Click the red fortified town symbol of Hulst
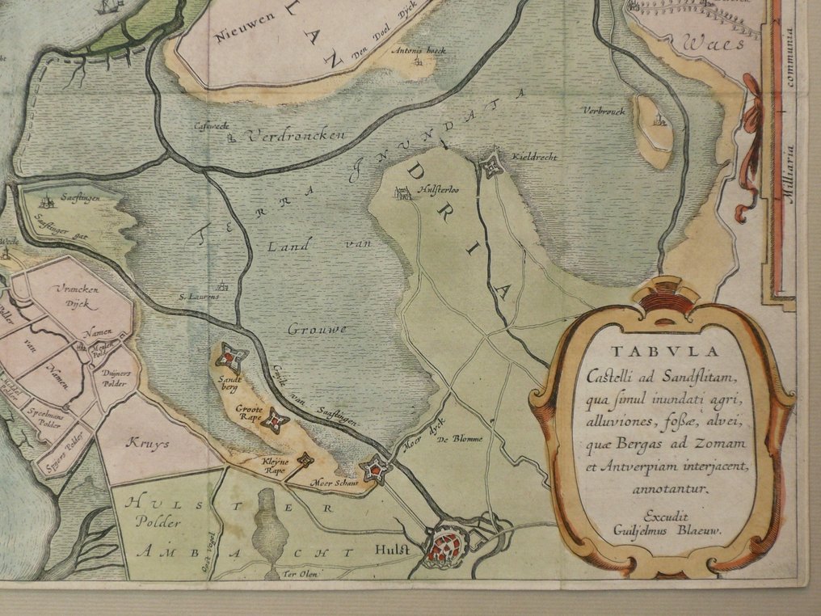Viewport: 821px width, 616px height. pyautogui.click(x=443, y=545)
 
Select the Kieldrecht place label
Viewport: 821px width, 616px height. pyautogui.click(x=534, y=156)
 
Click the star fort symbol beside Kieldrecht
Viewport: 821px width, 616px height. pyautogui.click(x=490, y=167)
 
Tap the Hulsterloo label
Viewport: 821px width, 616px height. pyautogui.click(x=436, y=192)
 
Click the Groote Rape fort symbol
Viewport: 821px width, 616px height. pyautogui.click(x=275, y=420)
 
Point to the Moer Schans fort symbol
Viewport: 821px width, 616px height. pyautogui.click(x=376, y=468)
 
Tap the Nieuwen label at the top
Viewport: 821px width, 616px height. pyautogui.click(x=240, y=35)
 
